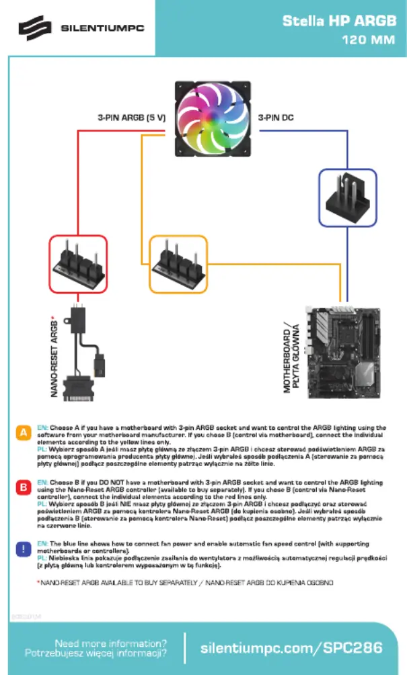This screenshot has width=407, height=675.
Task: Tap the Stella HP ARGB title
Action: [x=339, y=21]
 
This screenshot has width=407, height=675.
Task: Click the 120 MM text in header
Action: [x=369, y=40]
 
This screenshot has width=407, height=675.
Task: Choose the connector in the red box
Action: [x=78, y=263]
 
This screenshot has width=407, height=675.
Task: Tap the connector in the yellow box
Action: [x=178, y=263]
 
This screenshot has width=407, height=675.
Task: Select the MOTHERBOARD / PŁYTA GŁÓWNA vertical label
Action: [x=290, y=356]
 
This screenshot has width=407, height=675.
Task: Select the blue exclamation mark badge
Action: [x=24, y=548]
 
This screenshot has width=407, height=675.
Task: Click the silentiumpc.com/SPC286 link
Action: [x=291, y=647]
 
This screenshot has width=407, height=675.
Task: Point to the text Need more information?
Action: [x=111, y=642]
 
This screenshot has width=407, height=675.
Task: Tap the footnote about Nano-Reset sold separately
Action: [x=185, y=583]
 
